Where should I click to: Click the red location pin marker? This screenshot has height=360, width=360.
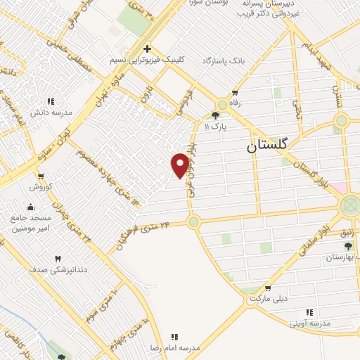point(180,165)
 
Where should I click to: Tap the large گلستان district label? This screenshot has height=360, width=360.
point(271,148)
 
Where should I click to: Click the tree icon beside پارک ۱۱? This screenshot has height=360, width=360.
point(216,116)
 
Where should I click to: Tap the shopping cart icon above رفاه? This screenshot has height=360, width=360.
point(235,92)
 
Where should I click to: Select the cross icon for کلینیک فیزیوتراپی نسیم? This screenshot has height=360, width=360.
point(147,49)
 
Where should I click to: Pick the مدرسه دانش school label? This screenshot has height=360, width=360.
point(47,112)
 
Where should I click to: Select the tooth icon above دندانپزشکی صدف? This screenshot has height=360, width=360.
point(58,259)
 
